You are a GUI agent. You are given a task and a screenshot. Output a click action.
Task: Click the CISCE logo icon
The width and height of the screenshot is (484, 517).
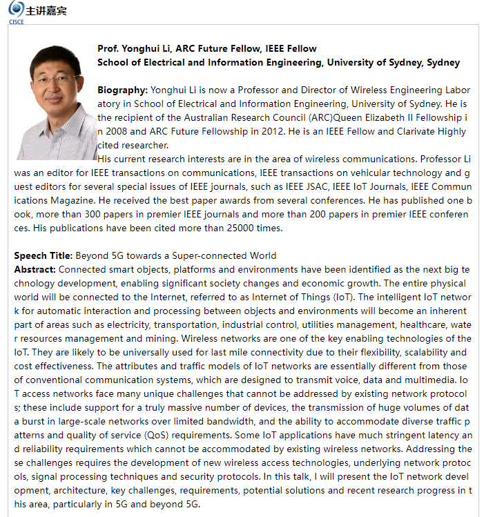pyautogui.click(x=15, y=10)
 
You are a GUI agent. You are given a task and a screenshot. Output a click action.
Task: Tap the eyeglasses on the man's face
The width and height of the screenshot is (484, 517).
pyautogui.click(x=57, y=80)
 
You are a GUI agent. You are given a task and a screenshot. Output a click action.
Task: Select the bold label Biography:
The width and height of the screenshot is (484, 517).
pyautogui.click(x=122, y=90)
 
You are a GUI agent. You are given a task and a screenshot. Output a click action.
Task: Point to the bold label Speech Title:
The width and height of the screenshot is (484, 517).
pyautogui.click(x=43, y=255)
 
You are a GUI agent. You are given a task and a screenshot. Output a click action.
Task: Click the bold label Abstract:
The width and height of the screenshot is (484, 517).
pyautogui.click(x=35, y=269)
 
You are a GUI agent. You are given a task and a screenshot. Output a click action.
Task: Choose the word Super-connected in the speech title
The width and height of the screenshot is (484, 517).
pyautogui.click(x=202, y=255)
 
